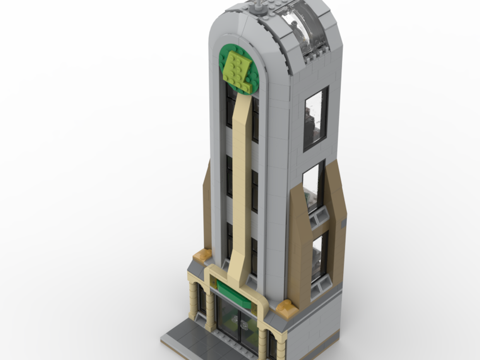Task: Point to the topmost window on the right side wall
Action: tap(316, 118)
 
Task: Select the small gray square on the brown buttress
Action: tap(344, 224)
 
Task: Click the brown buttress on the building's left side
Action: tap(207, 206)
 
